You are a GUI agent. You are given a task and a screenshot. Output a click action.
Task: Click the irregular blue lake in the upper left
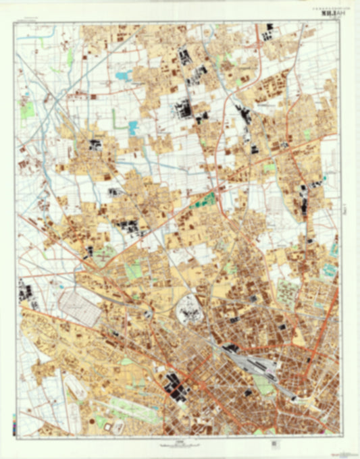(x=123, y=76)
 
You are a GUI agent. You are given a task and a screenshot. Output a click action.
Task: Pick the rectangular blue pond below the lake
(x=133, y=126)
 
